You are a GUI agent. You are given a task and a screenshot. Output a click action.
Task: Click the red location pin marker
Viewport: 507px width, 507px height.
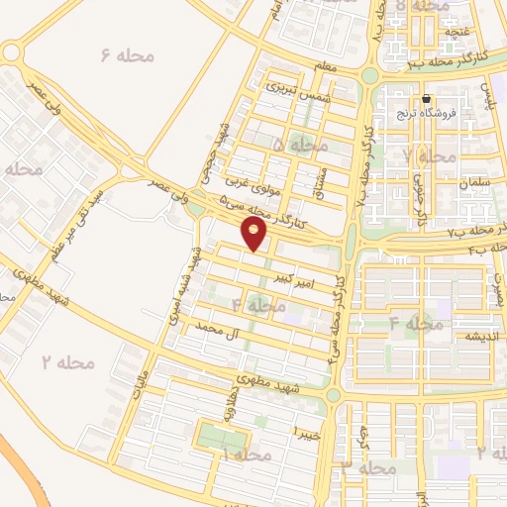pos(254,234)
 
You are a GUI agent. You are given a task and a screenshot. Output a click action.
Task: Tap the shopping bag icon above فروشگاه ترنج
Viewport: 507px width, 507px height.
pos(426,99)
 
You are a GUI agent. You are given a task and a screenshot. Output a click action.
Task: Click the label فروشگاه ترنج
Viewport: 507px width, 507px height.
pos(424,113)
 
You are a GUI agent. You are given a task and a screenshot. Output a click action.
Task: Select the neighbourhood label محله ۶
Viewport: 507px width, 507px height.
pos(129,55)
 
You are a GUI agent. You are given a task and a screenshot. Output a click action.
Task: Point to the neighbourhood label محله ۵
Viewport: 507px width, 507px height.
pos(300,145)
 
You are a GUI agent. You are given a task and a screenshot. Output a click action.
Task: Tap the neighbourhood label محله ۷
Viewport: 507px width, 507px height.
pos(431,155)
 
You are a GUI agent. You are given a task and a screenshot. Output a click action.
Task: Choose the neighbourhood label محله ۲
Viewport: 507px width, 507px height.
pos(68,363)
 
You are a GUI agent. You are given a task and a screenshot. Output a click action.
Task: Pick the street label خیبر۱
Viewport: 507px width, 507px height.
pos(301,433)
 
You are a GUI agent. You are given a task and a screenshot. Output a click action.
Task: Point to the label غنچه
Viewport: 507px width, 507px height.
pos(457,31)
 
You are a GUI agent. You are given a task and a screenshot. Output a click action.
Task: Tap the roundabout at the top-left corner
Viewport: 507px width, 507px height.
pos(12,52)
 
